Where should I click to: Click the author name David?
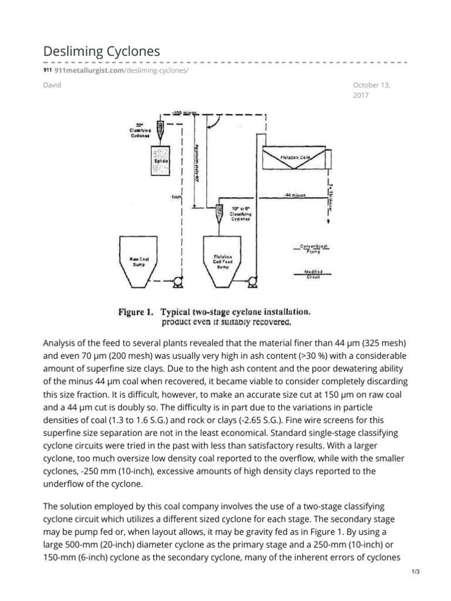(x=52, y=85)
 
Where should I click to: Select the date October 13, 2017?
(x=371, y=90)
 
